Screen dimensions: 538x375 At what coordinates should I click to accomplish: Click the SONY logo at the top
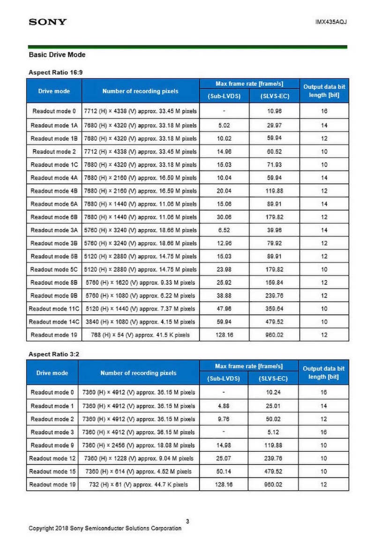pyautogui.click(x=48, y=22)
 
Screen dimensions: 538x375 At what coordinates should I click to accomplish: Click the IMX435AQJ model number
pyautogui.click(x=331, y=22)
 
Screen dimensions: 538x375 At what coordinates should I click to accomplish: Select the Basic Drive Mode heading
pyautogui.click(x=57, y=55)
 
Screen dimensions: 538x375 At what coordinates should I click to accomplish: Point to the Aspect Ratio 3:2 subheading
pyautogui.click(x=54, y=354)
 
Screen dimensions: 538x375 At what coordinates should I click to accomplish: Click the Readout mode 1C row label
pyautogui.click(x=53, y=164)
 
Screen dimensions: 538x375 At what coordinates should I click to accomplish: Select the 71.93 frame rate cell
pyautogui.click(x=274, y=164)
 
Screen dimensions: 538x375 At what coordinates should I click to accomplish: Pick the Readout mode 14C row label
pyautogui.click(x=53, y=322)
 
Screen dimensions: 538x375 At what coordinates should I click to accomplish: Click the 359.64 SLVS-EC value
pyautogui.click(x=274, y=308)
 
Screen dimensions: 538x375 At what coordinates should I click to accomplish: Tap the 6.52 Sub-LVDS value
pyautogui.click(x=225, y=230)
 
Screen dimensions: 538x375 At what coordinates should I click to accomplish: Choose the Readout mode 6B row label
pyautogui.click(x=53, y=217)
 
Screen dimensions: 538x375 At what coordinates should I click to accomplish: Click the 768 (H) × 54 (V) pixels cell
pyautogui.click(x=140, y=335)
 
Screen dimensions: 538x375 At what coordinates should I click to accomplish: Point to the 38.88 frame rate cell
pyautogui.click(x=225, y=296)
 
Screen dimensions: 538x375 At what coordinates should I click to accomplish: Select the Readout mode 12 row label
pyautogui.click(x=52, y=458)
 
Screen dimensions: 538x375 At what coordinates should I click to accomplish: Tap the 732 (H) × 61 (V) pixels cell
pyautogui.click(x=139, y=484)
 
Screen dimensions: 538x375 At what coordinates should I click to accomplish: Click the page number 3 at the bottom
pyautogui.click(x=187, y=521)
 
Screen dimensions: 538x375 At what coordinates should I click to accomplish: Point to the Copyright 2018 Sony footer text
pyautogui.click(x=105, y=528)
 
